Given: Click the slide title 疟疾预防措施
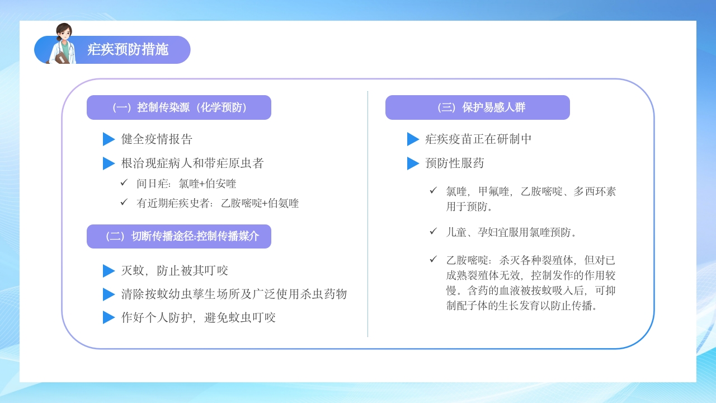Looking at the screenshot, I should [128, 49].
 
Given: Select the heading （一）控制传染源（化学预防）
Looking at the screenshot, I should [179, 107].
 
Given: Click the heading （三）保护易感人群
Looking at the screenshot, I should [478, 107].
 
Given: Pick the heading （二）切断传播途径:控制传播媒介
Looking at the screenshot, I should [179, 236].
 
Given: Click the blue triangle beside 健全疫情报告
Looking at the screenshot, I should [109, 139].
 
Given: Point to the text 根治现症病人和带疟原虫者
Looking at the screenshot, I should [192, 163].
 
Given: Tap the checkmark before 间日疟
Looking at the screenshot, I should [124, 182].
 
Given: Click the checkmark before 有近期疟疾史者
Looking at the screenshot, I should [124, 202].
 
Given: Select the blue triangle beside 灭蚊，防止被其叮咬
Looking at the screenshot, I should [109, 271].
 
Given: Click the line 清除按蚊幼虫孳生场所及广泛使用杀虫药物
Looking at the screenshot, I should [234, 294].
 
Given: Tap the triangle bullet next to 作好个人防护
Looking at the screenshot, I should [109, 317].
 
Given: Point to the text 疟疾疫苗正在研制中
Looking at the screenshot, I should [478, 139].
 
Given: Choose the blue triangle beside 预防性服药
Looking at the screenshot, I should [413, 163].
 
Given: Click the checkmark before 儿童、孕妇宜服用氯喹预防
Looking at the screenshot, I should [433, 231].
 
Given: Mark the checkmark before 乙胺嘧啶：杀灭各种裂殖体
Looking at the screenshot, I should [433, 259].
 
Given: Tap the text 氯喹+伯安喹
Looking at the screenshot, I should [208, 184].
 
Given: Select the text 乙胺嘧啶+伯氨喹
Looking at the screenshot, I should [260, 203].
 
